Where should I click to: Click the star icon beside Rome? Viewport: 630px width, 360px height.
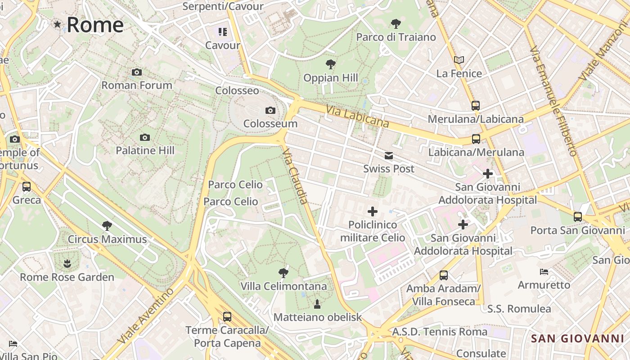point(57,24)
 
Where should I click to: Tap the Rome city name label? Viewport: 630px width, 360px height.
point(95,24)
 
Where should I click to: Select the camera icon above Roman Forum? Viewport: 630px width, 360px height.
point(137,72)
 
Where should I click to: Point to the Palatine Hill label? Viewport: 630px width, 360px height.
point(145,150)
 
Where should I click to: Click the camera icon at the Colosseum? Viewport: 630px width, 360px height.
point(270,110)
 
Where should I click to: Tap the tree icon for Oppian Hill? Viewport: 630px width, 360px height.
point(331,64)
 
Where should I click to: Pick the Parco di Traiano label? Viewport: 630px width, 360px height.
point(396,37)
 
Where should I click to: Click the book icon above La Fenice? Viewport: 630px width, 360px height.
point(459,60)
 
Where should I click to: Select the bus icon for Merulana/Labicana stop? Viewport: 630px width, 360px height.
point(476,106)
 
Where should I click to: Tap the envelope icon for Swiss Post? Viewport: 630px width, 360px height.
point(389,156)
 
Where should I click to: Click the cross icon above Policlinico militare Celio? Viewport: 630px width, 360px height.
point(373,211)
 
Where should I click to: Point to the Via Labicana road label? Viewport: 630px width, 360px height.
point(358,116)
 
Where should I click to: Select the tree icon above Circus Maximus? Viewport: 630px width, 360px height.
point(107,225)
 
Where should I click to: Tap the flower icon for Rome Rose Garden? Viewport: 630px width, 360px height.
point(67,263)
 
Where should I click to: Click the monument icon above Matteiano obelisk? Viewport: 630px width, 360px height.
point(317,304)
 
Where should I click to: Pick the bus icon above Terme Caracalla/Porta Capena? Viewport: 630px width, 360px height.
point(227,317)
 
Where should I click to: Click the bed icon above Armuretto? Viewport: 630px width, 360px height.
point(544,271)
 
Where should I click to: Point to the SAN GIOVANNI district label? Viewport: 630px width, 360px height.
point(577,339)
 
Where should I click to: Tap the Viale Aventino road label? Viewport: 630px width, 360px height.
point(145,316)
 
